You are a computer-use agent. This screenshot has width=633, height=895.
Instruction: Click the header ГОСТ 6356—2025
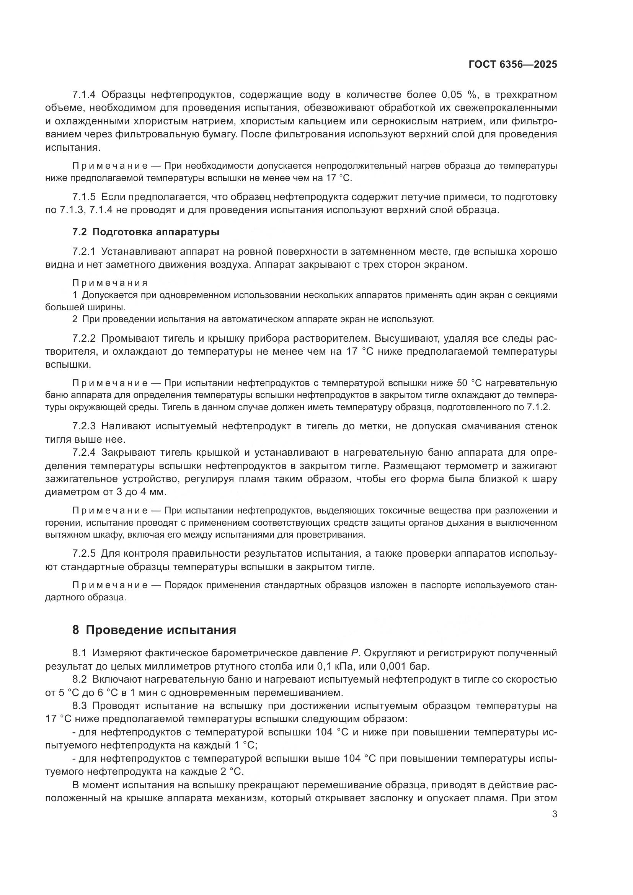(512, 65)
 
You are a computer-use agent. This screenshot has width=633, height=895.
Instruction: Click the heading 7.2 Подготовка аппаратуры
(146, 232)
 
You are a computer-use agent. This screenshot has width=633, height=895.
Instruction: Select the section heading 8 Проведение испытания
(154, 630)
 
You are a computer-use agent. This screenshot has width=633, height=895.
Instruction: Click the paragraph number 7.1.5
(84, 197)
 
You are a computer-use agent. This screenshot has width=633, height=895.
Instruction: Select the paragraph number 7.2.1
(84, 252)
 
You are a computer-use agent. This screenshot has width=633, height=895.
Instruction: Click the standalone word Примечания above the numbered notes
(110, 283)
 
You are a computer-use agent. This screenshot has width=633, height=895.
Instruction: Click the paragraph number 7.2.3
(84, 426)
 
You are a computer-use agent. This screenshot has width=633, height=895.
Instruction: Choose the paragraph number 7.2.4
(84, 453)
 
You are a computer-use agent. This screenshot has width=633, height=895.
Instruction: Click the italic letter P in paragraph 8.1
(349, 653)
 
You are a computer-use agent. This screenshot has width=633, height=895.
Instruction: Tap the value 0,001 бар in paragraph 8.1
(398, 666)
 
